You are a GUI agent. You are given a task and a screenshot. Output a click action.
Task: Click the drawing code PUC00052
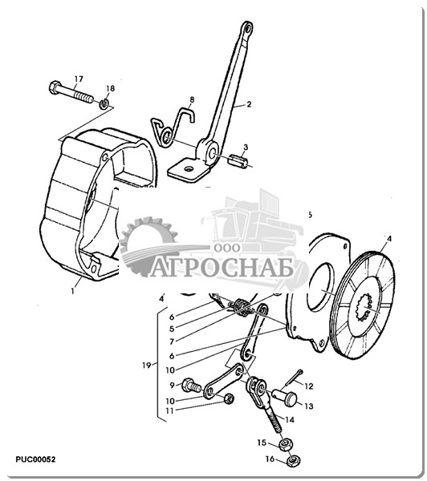(x=35, y=459)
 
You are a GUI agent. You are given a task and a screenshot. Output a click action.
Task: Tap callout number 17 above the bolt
(x=79, y=79)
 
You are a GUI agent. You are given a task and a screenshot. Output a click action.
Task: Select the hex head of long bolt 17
(x=55, y=87)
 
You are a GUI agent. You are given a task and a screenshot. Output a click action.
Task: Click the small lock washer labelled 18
(x=104, y=103)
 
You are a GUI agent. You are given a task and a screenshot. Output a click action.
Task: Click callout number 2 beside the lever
(x=249, y=104)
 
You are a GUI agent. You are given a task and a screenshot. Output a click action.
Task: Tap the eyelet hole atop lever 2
(x=247, y=28)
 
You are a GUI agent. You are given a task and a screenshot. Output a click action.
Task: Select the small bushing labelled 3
(x=239, y=161)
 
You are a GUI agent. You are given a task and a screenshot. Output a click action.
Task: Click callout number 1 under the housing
(x=73, y=291)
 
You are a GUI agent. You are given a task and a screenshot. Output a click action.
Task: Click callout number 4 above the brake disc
(x=389, y=238)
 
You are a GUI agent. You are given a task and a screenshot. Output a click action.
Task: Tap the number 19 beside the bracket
(x=147, y=366)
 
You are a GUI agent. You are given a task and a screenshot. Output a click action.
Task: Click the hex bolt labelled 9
(x=191, y=386)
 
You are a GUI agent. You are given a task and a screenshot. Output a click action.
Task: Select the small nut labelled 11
(x=228, y=399)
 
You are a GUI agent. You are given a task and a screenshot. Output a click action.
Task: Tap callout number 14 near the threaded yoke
(x=290, y=419)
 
